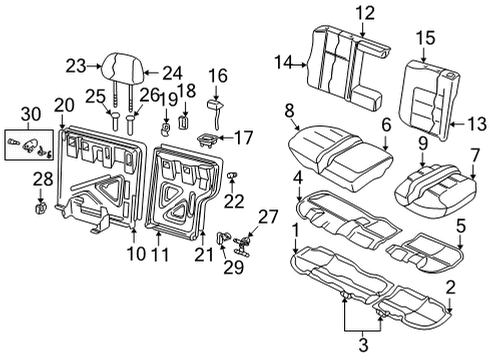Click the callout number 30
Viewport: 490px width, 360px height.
31,114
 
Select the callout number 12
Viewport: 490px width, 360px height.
365,13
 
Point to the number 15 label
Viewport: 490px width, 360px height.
425,38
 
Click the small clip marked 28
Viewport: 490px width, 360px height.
40,209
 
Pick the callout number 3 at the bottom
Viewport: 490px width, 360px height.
363,344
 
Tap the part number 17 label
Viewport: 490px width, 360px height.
244,138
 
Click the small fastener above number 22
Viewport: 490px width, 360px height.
231,175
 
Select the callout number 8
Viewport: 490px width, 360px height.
289,111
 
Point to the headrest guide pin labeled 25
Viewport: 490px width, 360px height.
115,121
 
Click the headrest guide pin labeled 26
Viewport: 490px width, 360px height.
131,124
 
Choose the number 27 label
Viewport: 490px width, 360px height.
268,217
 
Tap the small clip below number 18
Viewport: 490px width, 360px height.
184,122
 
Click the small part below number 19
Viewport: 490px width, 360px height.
165,129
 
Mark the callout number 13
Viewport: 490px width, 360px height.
478,124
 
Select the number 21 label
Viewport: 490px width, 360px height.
204,255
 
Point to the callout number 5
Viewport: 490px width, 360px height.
460,226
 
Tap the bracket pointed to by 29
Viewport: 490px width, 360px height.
223,239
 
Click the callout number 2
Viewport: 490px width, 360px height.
450,287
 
